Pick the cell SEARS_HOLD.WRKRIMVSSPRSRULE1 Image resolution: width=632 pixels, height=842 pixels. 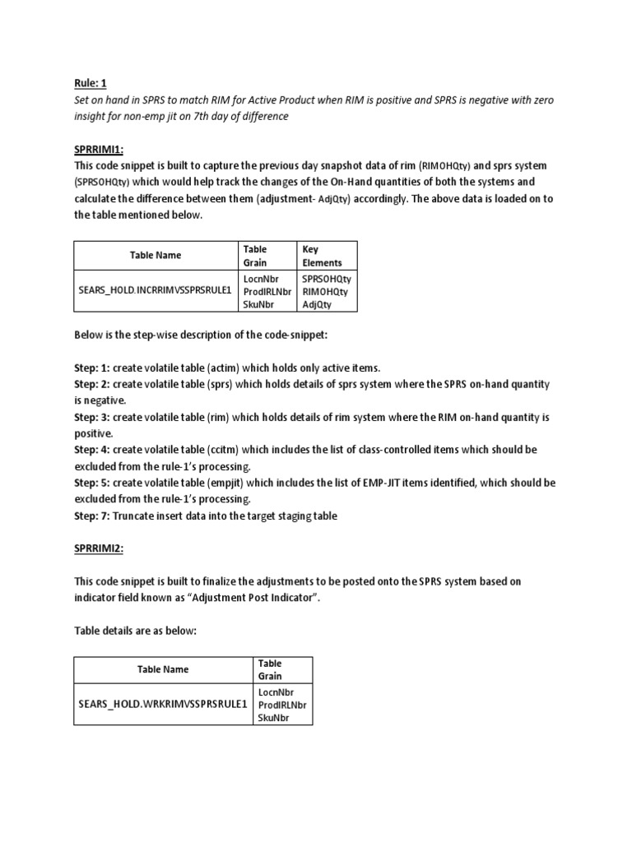(162, 705)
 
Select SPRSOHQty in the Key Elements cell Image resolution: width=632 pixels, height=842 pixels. (326, 279)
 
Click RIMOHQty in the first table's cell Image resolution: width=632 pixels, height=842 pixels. (325, 291)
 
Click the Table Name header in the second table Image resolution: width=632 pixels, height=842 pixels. (163, 669)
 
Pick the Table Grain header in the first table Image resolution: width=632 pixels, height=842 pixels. (255, 256)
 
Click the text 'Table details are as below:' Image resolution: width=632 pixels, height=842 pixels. (138, 631)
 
